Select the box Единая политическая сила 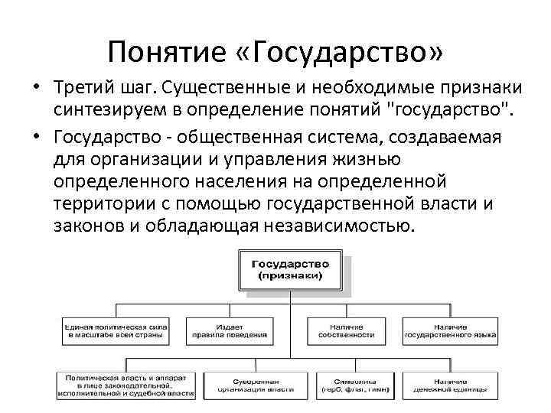click(116, 330)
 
